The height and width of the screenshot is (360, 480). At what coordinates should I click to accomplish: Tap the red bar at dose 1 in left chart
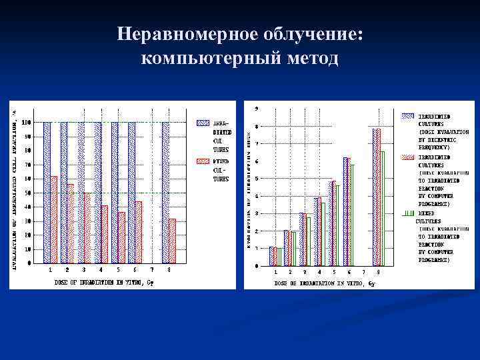54,219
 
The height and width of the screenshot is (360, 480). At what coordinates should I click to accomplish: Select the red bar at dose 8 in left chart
173,241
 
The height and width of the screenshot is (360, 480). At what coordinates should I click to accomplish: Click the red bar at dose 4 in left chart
105,234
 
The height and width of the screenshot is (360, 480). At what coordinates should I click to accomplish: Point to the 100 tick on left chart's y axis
25,123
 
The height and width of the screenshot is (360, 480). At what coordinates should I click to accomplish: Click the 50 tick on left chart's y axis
27,193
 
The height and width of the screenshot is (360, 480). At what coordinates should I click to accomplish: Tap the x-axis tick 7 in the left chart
151,270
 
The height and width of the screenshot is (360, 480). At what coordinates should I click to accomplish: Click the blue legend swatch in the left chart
203,123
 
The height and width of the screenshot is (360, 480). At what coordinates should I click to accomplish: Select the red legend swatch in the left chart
203,161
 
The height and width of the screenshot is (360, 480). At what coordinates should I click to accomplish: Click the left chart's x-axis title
104,282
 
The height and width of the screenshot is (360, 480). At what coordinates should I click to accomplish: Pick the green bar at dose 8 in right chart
383,208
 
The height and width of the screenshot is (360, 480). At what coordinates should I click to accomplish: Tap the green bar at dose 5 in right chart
338,225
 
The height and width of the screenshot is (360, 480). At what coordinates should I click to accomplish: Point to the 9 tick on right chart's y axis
257,108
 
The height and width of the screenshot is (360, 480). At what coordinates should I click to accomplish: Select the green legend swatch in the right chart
407,213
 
